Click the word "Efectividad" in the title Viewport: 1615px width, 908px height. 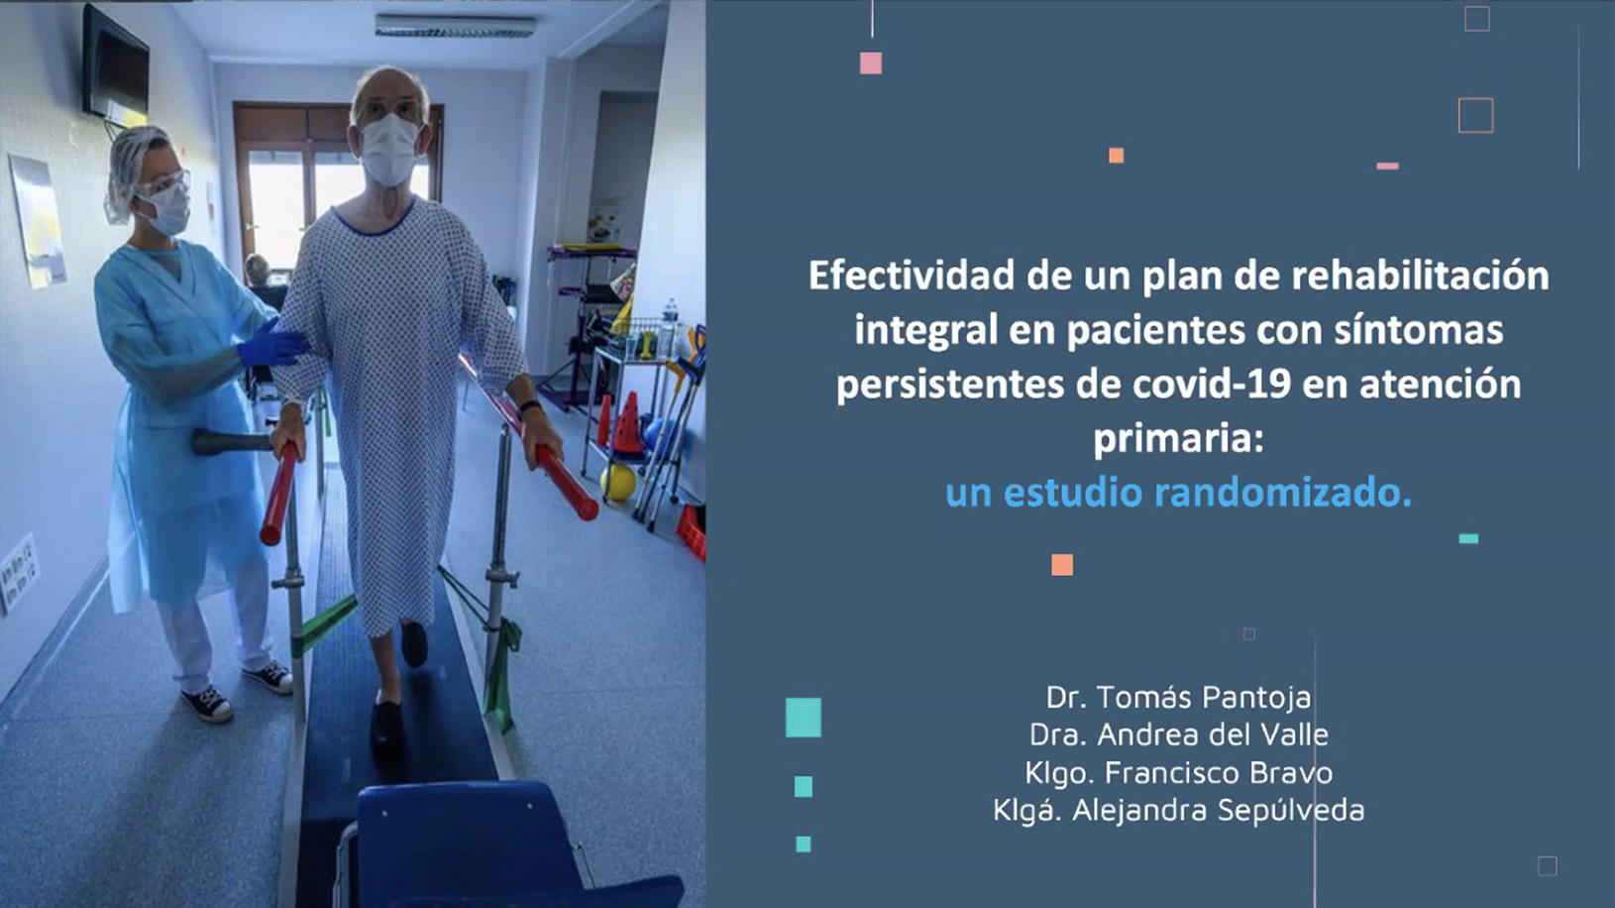[x=912, y=276]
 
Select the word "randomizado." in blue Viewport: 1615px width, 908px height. [x=1283, y=493]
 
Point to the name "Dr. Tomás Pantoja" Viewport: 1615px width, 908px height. [x=1179, y=698]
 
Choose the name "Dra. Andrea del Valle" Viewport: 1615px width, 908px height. [x=1179, y=735]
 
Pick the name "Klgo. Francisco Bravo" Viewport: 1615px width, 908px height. [x=1179, y=773]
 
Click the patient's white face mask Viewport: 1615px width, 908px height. [x=389, y=151]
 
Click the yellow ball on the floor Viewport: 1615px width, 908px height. [x=618, y=483]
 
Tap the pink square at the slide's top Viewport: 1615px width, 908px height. [x=871, y=63]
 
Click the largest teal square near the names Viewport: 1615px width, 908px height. [x=804, y=718]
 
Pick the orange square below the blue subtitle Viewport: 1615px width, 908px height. [x=1062, y=565]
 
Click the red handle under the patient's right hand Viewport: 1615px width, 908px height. [x=279, y=494]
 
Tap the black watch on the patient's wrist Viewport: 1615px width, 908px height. [x=531, y=406]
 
